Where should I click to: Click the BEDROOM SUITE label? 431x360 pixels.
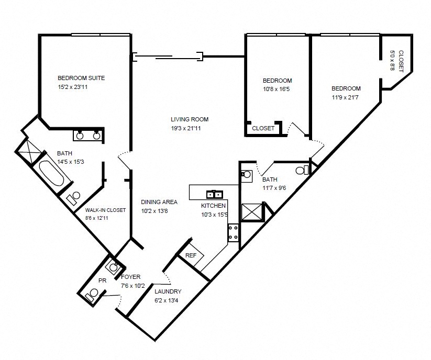[x=81, y=78]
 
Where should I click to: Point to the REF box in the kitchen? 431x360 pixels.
[x=191, y=255]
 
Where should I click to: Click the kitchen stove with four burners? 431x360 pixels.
[x=233, y=233]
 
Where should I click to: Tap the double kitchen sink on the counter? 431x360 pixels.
[x=215, y=194]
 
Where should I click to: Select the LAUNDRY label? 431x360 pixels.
[x=168, y=291]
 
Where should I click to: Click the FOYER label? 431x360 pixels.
[x=130, y=277]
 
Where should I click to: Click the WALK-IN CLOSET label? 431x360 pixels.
[x=105, y=210]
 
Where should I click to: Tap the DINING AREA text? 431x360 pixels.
[x=159, y=202]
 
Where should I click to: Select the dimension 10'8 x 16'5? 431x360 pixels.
[x=277, y=89]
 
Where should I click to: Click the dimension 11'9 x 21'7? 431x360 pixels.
[x=346, y=97]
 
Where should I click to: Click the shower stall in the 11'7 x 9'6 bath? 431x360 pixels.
[x=251, y=212]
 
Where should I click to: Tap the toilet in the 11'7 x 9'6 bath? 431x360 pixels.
[x=302, y=170]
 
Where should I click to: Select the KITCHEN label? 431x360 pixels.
[x=214, y=206]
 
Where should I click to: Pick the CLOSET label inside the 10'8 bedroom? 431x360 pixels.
[x=263, y=128]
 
